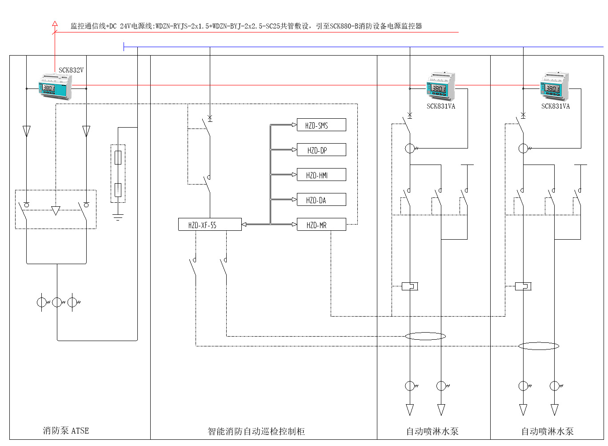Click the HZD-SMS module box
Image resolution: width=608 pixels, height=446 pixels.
[321, 125]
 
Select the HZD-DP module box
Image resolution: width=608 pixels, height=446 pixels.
[321, 150]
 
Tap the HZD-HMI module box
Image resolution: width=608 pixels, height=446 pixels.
[321, 175]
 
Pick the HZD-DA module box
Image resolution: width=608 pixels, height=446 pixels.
[321, 200]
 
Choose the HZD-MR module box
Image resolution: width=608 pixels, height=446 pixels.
[321, 225]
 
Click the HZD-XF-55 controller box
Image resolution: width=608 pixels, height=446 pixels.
[209, 225]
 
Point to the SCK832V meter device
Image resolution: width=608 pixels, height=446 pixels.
[55, 87]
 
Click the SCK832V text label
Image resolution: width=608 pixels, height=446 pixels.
[71, 70]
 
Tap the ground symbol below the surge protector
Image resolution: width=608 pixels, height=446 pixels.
[118, 217]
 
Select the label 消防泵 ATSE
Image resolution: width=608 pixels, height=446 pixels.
[66, 430]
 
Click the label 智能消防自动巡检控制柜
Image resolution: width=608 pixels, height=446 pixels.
[256, 431]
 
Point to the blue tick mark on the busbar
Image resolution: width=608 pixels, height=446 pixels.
[124, 46]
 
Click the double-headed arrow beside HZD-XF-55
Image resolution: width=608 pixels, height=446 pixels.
[244, 225]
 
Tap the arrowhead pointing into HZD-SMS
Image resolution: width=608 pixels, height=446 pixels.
[294, 125]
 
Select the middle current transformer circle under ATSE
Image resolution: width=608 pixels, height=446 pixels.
[57, 302]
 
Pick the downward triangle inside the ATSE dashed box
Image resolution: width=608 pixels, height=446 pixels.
[56, 210]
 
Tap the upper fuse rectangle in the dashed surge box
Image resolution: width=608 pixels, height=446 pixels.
[118, 157]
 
